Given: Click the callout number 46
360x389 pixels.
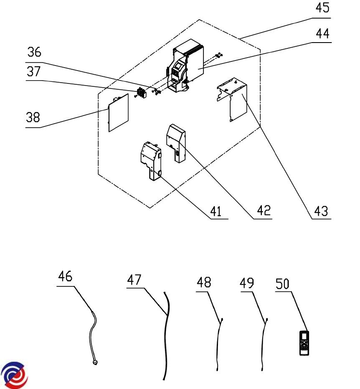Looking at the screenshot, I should (65, 277).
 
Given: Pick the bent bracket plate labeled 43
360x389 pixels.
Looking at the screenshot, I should (236, 100).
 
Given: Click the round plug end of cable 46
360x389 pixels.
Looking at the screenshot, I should (95, 362).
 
